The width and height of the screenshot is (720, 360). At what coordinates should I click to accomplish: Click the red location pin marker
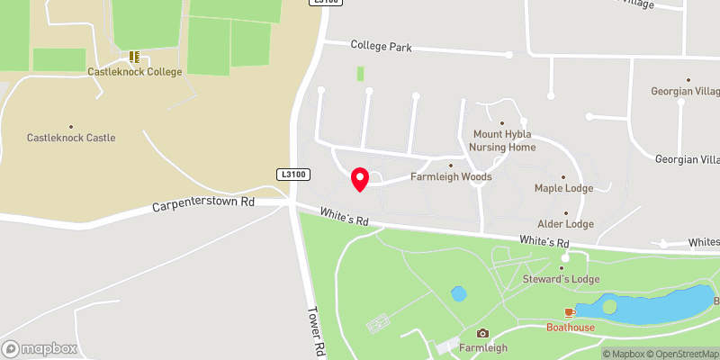tap(360, 179)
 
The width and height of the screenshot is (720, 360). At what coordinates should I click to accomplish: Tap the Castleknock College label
tap(134, 71)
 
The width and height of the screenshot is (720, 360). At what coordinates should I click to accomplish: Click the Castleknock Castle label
tap(71, 138)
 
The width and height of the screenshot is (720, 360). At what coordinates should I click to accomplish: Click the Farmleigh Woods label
tap(451, 176)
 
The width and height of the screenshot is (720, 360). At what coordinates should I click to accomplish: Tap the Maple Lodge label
tap(563, 188)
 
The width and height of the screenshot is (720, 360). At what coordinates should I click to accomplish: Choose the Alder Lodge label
tap(565, 223)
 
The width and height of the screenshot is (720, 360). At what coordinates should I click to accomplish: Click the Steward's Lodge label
tap(561, 279)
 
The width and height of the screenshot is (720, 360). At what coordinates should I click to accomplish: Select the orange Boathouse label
tap(570, 328)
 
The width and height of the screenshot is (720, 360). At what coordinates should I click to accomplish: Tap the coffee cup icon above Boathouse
tap(569, 312)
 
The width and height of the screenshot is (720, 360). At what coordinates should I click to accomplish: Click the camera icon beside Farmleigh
tap(482, 334)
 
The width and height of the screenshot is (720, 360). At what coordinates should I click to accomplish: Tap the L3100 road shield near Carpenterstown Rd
tap(292, 174)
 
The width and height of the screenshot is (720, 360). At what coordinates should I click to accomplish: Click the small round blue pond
tap(459, 293)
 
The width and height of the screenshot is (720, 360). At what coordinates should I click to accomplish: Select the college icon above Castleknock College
tap(134, 57)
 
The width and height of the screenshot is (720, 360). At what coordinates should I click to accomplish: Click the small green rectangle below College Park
tap(360, 75)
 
